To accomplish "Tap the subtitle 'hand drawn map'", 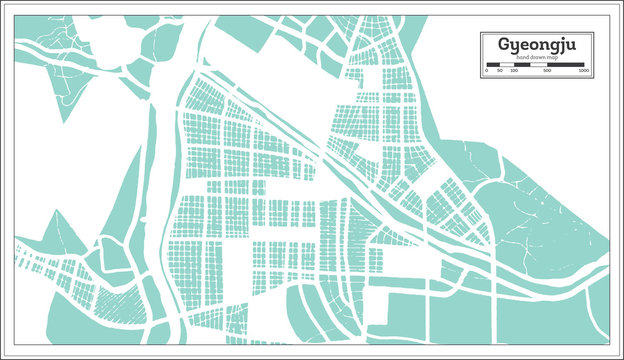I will pos(535,59).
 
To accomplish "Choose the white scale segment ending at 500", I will pos(529,66).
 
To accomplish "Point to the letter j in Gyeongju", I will pos(567,47).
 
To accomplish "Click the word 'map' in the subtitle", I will pos(552,59).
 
